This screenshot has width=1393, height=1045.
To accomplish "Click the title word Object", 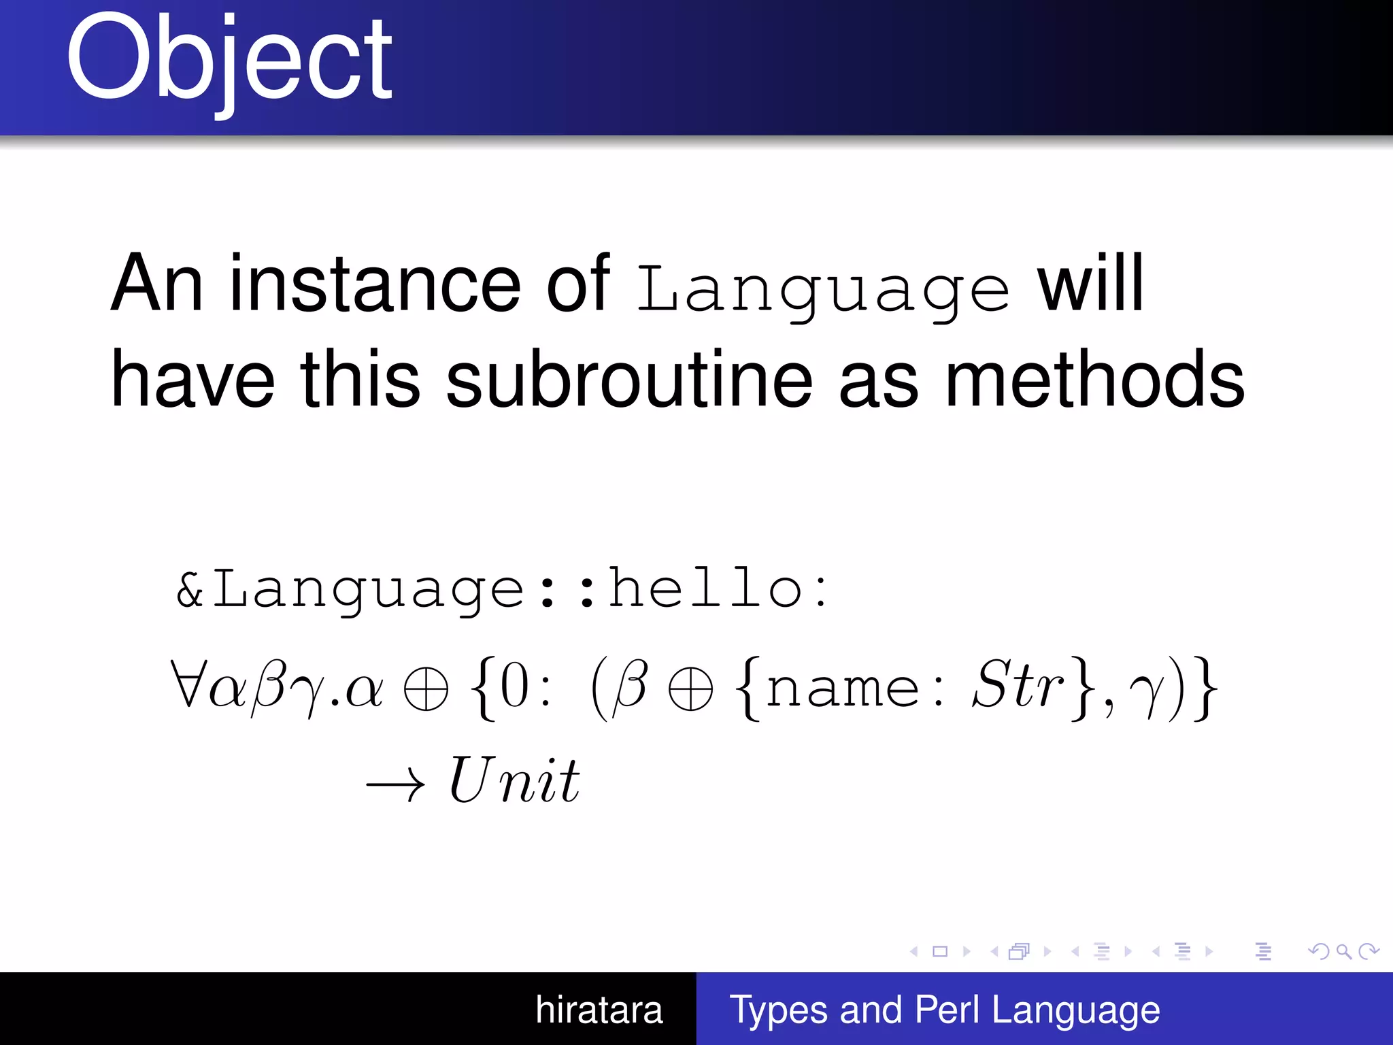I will [x=229, y=60].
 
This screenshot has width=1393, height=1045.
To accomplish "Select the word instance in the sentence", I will [x=375, y=284].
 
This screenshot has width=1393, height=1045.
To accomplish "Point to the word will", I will [x=1090, y=284].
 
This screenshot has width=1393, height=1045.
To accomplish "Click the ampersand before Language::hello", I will [x=190, y=589].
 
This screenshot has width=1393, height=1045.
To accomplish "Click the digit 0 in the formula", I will [x=515, y=687].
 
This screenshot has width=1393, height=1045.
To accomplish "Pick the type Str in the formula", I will [x=1018, y=685].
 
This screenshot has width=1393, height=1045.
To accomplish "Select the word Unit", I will [x=514, y=780].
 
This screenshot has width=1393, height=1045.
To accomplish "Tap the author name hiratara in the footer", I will [x=599, y=1010].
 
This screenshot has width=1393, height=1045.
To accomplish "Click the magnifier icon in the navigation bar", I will [x=1343, y=951].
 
